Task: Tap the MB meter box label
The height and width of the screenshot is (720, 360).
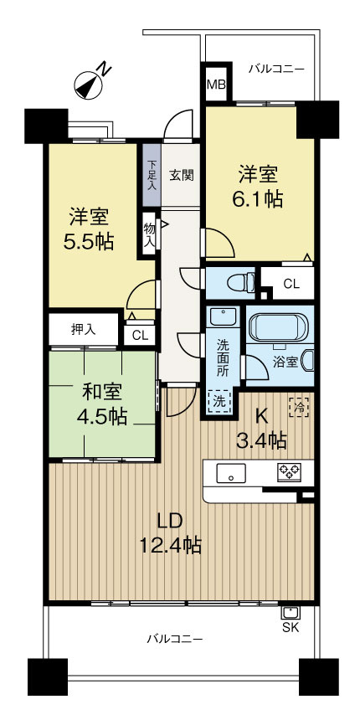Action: (215, 85)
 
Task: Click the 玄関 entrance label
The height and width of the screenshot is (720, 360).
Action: (181, 175)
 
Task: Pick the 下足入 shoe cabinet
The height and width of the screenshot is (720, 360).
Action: (152, 174)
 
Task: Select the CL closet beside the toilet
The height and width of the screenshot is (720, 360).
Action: (290, 284)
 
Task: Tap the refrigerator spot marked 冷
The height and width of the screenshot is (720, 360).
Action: (298, 406)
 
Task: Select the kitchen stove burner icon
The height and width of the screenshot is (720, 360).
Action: (290, 471)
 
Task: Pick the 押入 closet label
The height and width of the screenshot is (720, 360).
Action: (82, 328)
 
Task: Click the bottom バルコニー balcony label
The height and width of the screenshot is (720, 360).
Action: (175, 639)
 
